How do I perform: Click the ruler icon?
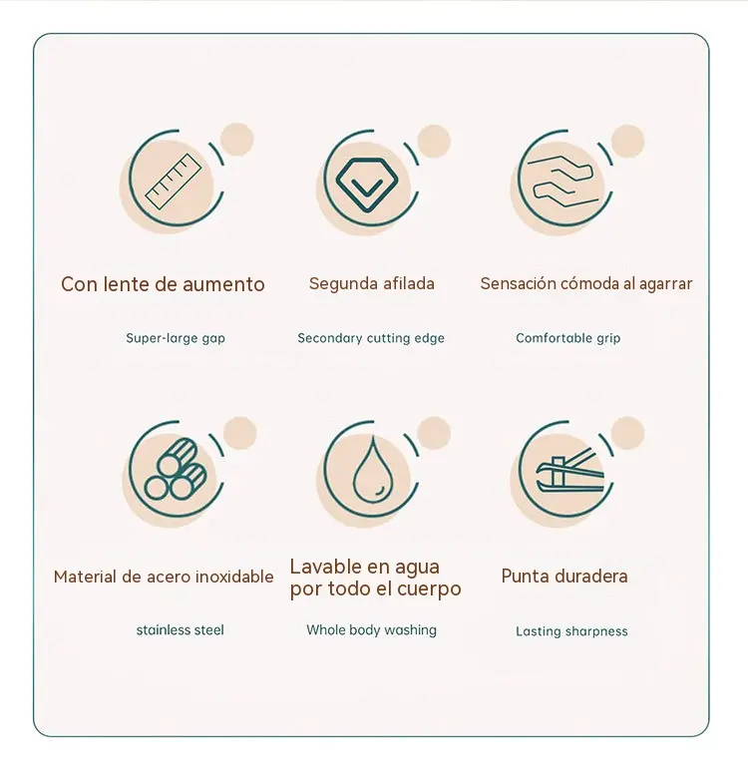[174, 182]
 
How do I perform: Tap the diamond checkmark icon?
[367, 185]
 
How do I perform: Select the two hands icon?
[560, 182]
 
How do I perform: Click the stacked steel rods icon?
[176, 469]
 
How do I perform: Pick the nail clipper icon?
[569, 473]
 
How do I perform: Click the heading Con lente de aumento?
[163, 284]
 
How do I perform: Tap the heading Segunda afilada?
[372, 284]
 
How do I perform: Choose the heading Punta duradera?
[564, 577]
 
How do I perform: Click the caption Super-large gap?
[176, 338]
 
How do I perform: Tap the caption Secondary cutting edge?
[371, 338]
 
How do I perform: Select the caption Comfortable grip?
[567, 338]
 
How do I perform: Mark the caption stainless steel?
[180, 629]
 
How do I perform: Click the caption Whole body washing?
[371, 629]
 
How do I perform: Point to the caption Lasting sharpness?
[571, 631]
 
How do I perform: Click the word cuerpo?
[429, 588]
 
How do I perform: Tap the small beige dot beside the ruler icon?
[237, 140]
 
